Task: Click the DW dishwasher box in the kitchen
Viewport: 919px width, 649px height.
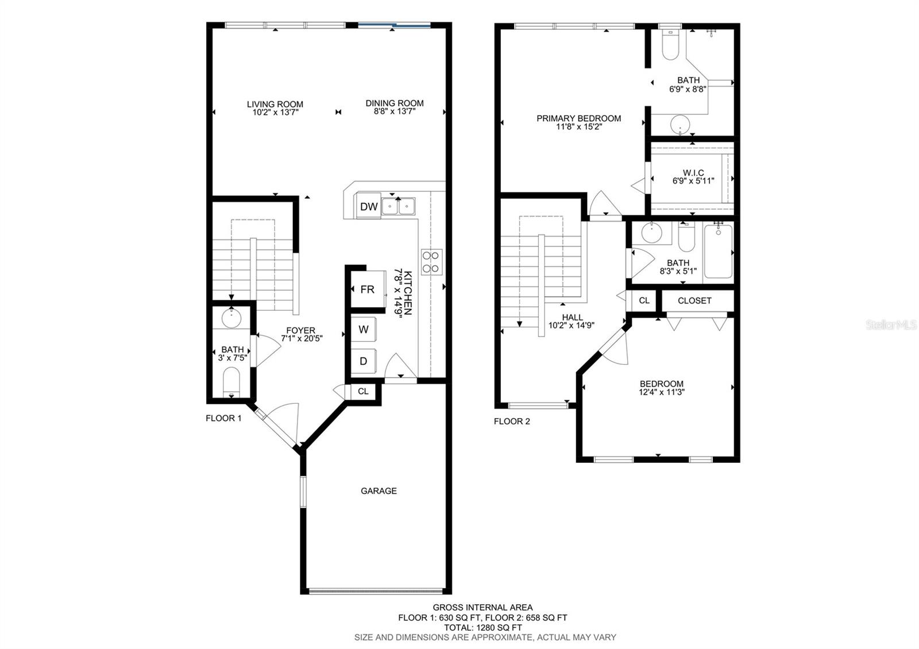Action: (369, 207)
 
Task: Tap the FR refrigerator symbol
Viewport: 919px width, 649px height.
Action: (367, 289)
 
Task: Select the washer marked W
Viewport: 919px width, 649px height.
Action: (364, 330)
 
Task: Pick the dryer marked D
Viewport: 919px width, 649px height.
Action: (364, 361)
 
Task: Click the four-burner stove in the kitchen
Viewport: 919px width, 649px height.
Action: (431, 261)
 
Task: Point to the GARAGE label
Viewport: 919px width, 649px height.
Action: (379, 491)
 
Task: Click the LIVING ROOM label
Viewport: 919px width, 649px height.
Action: (275, 104)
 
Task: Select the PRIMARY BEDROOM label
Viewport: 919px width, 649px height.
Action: (578, 118)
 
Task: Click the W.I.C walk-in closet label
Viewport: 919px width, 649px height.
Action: (693, 173)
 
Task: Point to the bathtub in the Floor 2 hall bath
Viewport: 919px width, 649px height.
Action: (718, 251)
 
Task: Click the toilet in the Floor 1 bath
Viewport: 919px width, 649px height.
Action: (231, 381)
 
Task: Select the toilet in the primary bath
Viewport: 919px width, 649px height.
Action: (670, 46)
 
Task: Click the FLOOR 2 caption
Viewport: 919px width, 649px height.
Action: (512, 422)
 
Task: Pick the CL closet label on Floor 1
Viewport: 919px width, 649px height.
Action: (363, 392)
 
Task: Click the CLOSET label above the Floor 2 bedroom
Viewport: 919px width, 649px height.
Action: (694, 300)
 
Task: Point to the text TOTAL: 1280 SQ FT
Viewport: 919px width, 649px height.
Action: (482, 627)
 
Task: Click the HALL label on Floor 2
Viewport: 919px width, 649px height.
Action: (572, 317)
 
